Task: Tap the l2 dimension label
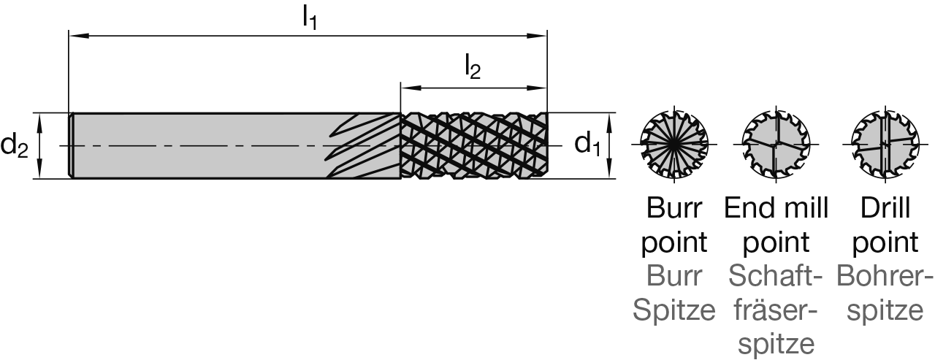click(473, 67)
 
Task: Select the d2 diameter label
click(14, 146)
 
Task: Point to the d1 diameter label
click(587, 145)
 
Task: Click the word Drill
click(885, 208)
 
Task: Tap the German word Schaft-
click(776, 277)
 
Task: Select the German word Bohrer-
click(885, 277)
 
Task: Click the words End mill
click(776, 208)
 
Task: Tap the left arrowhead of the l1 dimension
click(74, 34)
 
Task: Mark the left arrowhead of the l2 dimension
click(405, 88)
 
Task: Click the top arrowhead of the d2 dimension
click(41, 118)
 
